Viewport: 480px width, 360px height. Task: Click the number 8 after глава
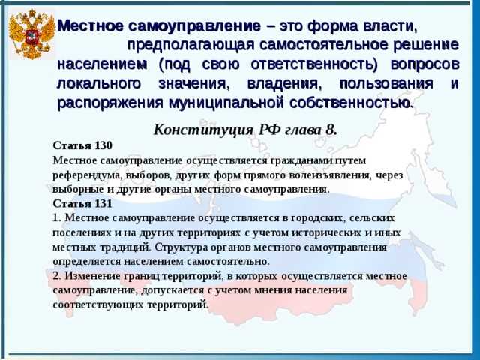pyautogui.click(x=332, y=129)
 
